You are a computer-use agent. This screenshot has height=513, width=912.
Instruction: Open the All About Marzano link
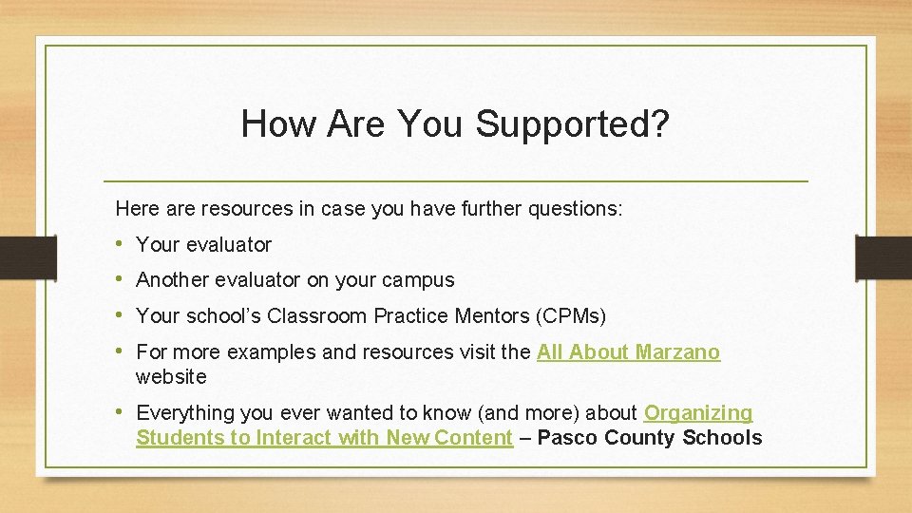pyautogui.click(x=628, y=352)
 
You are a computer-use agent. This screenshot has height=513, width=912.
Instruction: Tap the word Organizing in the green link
pyautogui.click(x=698, y=413)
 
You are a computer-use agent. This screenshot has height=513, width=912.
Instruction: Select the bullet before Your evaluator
pyautogui.click(x=121, y=245)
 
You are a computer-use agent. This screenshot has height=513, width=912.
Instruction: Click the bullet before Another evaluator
pyautogui.click(x=121, y=280)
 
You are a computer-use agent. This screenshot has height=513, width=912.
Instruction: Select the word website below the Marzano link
pyautogui.click(x=171, y=377)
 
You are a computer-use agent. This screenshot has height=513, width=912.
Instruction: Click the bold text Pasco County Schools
pyautogui.click(x=650, y=438)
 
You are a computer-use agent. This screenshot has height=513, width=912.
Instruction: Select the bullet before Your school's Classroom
pyautogui.click(x=121, y=315)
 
